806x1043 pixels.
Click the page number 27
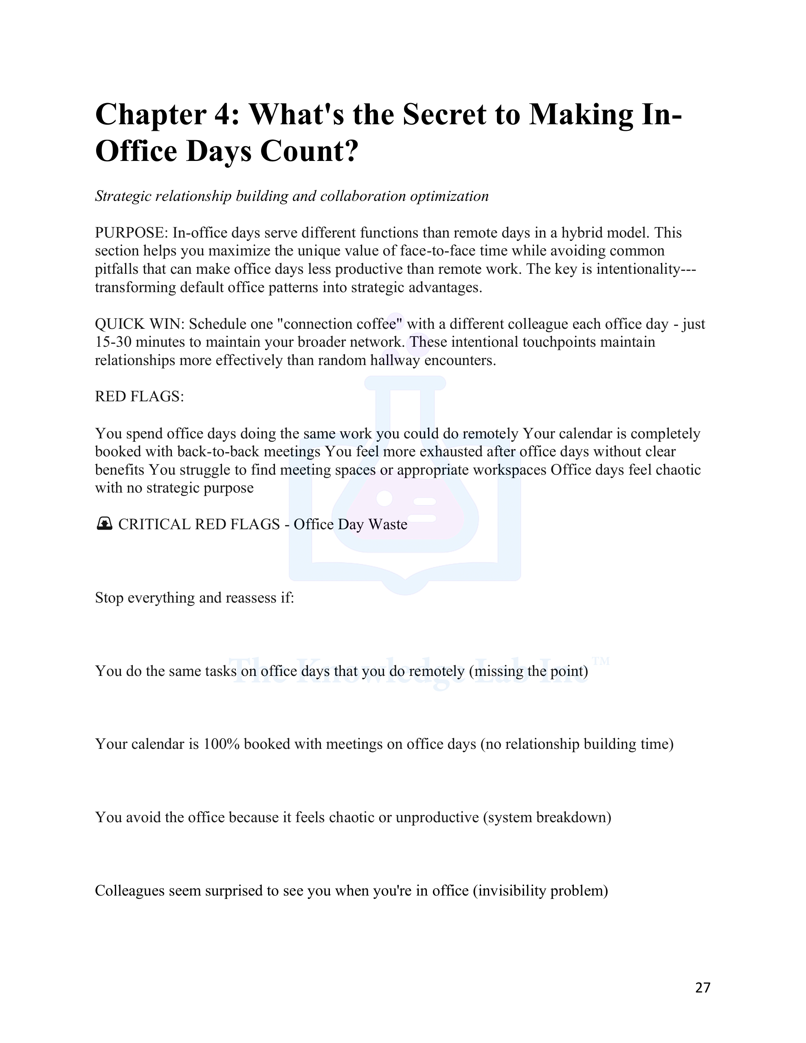point(703,987)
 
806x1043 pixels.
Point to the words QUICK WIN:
point(139,324)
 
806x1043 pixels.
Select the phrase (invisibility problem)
point(540,891)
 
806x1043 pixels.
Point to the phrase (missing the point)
point(528,671)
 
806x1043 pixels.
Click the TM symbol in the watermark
point(601,661)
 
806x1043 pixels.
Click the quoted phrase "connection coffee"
point(343,324)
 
